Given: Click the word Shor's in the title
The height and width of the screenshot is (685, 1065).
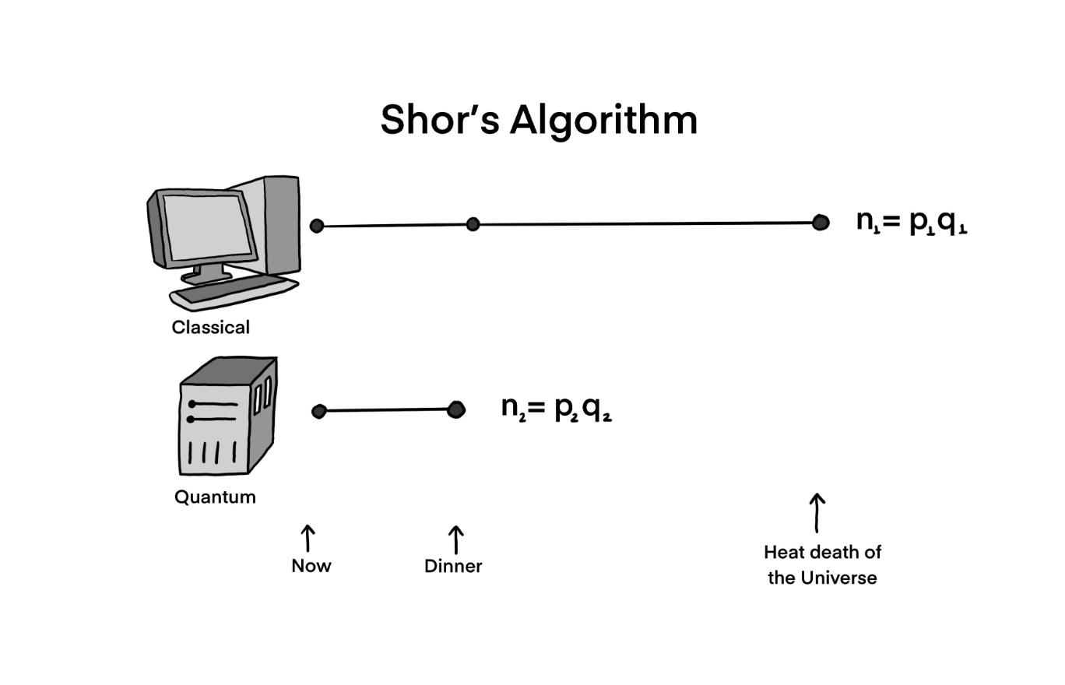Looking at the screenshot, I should [x=439, y=121].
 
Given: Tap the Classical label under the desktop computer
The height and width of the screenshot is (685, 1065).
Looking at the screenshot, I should [x=210, y=327].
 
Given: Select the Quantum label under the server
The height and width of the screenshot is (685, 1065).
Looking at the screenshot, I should [x=215, y=497].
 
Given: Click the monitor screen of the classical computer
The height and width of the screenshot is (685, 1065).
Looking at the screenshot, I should [x=207, y=227].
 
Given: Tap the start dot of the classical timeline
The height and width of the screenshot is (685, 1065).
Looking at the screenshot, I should [x=317, y=226].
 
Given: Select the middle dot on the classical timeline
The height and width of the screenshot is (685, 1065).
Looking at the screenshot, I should [x=473, y=224].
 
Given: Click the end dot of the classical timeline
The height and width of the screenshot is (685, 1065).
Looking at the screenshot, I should [x=820, y=223].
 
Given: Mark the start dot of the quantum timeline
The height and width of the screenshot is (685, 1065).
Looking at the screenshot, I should [x=318, y=411].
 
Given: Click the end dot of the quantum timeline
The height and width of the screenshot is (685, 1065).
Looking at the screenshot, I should [x=456, y=409].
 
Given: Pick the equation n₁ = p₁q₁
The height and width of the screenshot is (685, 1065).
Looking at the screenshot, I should [x=911, y=223].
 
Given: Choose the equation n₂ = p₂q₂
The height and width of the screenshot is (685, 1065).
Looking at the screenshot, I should [x=556, y=408].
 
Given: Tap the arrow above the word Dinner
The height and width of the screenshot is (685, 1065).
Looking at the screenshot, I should [x=455, y=539].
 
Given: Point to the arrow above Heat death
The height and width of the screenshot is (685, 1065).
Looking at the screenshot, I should [x=817, y=511].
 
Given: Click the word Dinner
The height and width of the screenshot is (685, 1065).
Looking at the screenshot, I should [x=453, y=566].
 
